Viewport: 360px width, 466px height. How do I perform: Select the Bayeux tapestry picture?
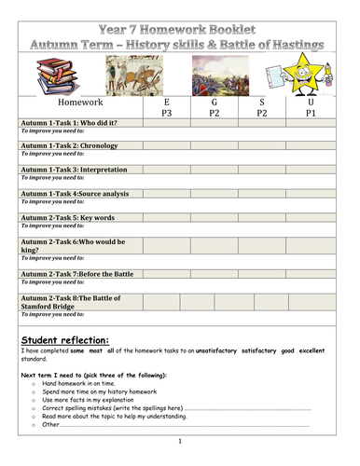131,72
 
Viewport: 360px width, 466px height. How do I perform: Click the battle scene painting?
212,72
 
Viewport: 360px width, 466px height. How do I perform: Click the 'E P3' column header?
166,109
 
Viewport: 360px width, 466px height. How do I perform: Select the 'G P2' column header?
214,109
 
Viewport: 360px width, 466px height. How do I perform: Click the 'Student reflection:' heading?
64,340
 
